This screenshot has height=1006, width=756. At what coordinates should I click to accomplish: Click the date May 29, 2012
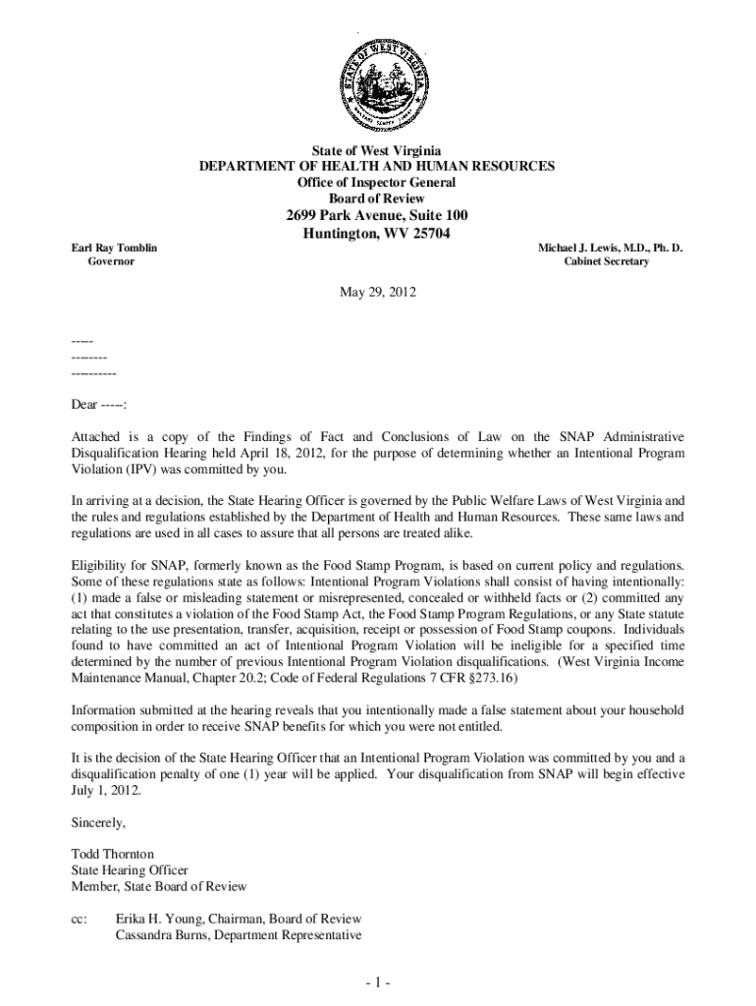(377, 293)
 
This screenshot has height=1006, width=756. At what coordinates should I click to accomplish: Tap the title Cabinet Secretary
(606, 262)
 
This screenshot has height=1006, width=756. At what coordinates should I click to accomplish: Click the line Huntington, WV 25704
(377, 233)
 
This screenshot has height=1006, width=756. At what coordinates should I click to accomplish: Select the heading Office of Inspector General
(377, 182)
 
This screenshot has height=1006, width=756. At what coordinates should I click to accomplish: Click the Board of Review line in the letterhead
(377, 197)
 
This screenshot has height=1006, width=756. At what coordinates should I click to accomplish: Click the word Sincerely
(99, 822)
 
